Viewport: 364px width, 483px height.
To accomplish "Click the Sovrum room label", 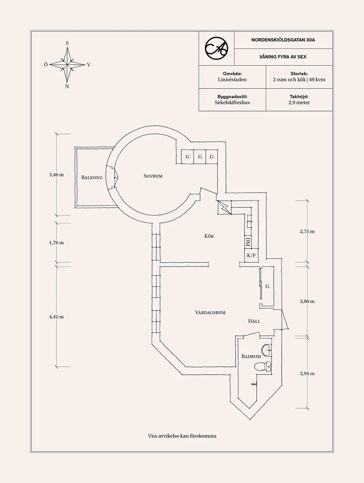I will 153,176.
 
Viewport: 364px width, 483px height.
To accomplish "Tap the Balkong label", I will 92,177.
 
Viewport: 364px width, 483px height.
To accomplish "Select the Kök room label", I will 209,236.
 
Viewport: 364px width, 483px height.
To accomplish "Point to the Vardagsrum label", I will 210,312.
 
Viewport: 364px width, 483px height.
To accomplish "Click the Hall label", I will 254,321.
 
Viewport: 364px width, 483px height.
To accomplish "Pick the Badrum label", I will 251,356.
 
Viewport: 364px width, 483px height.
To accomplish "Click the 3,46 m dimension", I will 56,175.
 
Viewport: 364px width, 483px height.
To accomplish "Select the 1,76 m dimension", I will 56,243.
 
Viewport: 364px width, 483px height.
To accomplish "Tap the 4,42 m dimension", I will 56,317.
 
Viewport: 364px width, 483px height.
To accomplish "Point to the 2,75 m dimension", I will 307,231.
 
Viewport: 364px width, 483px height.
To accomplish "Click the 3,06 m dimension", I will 307,301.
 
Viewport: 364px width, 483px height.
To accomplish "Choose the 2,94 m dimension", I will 307,373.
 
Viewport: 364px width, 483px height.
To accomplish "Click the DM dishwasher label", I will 248,241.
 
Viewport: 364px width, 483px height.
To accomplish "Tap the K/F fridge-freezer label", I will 251,255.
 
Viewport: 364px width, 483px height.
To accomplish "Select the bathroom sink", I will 267,350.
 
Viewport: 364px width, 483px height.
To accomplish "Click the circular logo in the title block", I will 216,48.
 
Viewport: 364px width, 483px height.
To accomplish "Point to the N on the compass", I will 67,87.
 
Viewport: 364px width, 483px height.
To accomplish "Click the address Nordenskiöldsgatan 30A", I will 283,40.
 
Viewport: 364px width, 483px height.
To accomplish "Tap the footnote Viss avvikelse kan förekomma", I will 182,436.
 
